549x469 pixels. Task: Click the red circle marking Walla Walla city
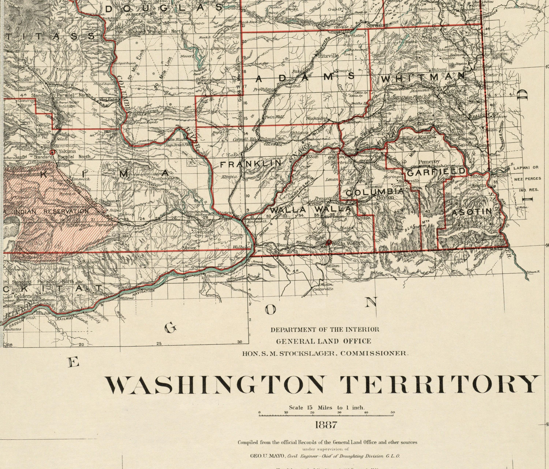[x=328, y=242]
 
